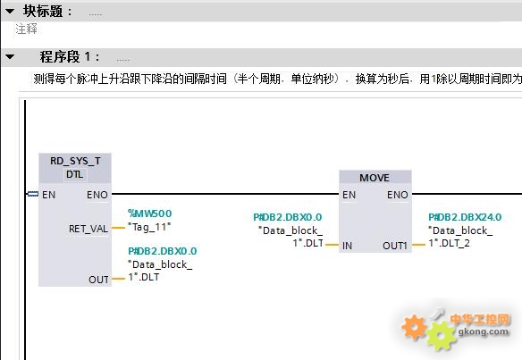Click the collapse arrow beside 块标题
[10, 12]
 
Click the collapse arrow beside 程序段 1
[10, 57]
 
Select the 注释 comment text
[26, 29]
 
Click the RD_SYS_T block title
[75, 161]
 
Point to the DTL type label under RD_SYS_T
[74, 174]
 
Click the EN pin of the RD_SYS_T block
[48, 195]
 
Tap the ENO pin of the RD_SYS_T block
[97, 195]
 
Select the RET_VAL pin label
[88, 229]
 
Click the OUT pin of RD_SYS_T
[98, 280]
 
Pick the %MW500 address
[150, 213]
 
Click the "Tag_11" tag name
[149, 227]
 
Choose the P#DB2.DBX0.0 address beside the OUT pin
[163, 251]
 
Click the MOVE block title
[375, 178]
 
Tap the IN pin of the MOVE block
[347, 246]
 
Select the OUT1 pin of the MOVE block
[395, 246]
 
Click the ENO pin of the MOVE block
[398, 195]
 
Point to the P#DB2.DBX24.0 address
[465, 217]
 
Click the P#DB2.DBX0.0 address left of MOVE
[288, 217]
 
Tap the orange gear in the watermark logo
[414, 327]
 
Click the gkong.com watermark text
[484, 331]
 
